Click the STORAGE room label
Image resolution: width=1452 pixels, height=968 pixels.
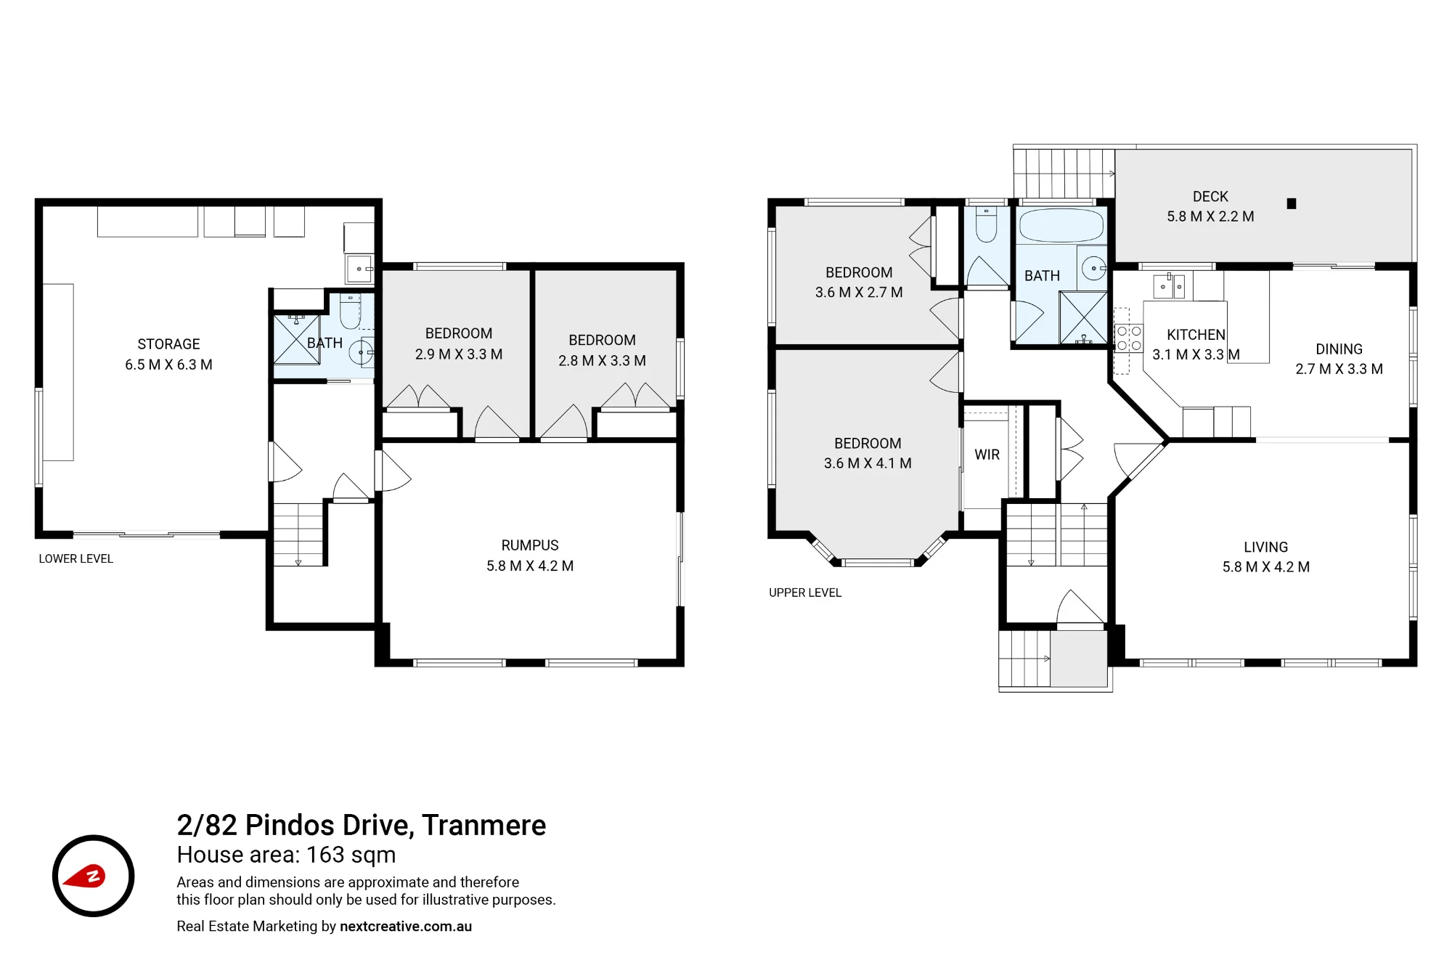pyautogui.click(x=168, y=344)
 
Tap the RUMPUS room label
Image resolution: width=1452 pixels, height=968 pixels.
pyautogui.click(x=530, y=545)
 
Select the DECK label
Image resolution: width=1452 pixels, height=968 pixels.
pyautogui.click(x=1210, y=197)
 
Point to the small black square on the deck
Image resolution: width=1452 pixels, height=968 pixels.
pyautogui.click(x=1292, y=204)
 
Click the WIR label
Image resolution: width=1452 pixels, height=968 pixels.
pyautogui.click(x=987, y=455)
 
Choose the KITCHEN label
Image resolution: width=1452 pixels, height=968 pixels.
pyautogui.click(x=1196, y=335)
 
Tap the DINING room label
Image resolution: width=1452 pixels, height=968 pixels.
pyautogui.click(x=1339, y=349)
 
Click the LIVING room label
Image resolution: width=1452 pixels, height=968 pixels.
pyautogui.click(x=1266, y=548)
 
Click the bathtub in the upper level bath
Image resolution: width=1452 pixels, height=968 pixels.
pyautogui.click(x=1061, y=226)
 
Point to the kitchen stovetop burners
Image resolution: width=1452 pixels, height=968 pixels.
pyautogui.click(x=1129, y=338)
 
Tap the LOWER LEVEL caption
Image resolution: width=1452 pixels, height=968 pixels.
pyautogui.click(x=76, y=559)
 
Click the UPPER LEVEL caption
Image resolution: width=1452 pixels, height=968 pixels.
pyautogui.click(x=805, y=593)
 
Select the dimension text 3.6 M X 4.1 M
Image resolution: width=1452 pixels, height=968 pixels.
pyautogui.click(x=868, y=463)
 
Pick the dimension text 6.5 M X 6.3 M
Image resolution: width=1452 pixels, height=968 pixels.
pyautogui.click(x=168, y=365)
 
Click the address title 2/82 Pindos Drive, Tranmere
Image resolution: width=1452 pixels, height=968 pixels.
pyautogui.click(x=362, y=826)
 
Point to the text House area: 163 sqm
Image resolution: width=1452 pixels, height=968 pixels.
pyautogui.click(x=286, y=855)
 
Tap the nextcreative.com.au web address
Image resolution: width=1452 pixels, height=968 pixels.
pyautogui.click(x=406, y=927)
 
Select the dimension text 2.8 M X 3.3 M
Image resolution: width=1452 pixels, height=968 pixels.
pyautogui.click(x=602, y=361)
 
